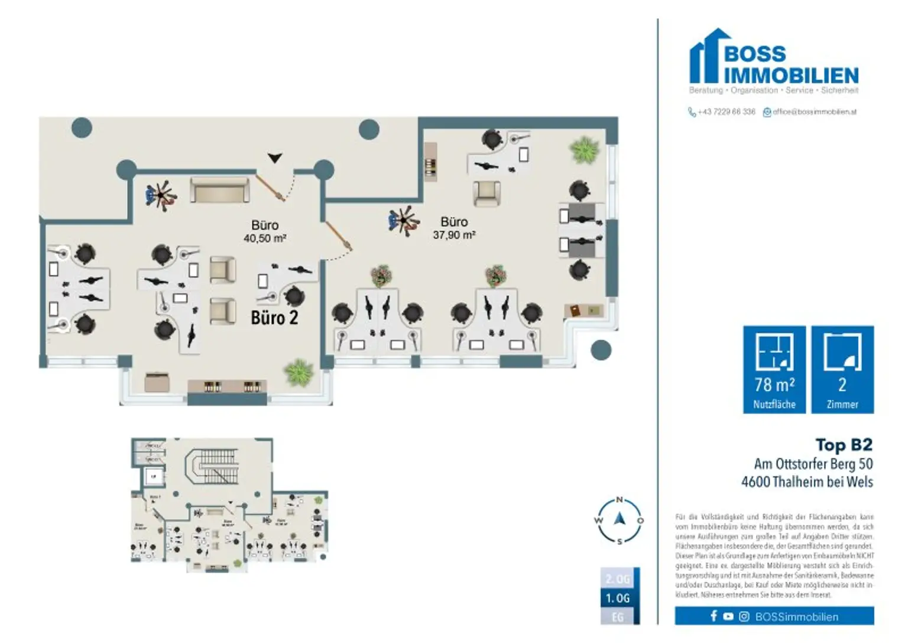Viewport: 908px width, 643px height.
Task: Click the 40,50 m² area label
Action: tap(265, 238)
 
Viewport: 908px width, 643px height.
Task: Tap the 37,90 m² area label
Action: tap(454, 235)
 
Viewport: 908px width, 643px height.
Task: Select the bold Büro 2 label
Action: tap(274, 318)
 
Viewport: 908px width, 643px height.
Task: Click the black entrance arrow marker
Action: tap(275, 158)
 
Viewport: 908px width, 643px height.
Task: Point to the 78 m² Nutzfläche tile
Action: tap(774, 369)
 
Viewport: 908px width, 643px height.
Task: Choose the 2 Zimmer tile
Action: tap(842, 369)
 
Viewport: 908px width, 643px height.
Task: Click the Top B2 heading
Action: tap(844, 445)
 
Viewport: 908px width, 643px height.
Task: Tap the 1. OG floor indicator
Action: tap(618, 598)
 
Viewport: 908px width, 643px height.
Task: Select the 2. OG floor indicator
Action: tap(618, 579)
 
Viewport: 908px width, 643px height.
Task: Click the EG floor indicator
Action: tap(618, 617)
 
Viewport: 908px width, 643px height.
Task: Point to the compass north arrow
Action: tap(620, 519)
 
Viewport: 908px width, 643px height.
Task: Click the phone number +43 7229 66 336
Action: tap(726, 112)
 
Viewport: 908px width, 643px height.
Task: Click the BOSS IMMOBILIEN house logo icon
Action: tap(705, 56)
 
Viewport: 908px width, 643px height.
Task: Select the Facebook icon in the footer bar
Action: tap(714, 616)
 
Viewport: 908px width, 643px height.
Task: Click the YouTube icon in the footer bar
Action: tap(728, 616)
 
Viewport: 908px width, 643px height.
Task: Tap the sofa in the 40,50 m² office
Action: tap(219, 190)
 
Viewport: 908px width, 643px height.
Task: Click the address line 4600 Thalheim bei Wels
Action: tap(807, 482)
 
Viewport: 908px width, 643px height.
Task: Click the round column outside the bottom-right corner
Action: tap(601, 350)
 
